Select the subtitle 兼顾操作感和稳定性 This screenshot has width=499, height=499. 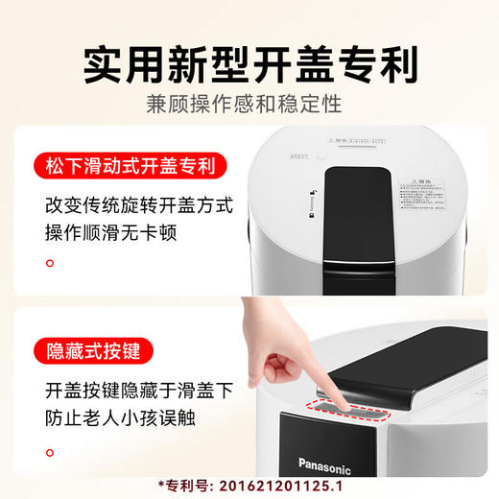point(249,105)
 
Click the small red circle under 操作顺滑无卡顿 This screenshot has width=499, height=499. point(52,263)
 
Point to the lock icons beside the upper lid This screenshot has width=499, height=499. point(313,203)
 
